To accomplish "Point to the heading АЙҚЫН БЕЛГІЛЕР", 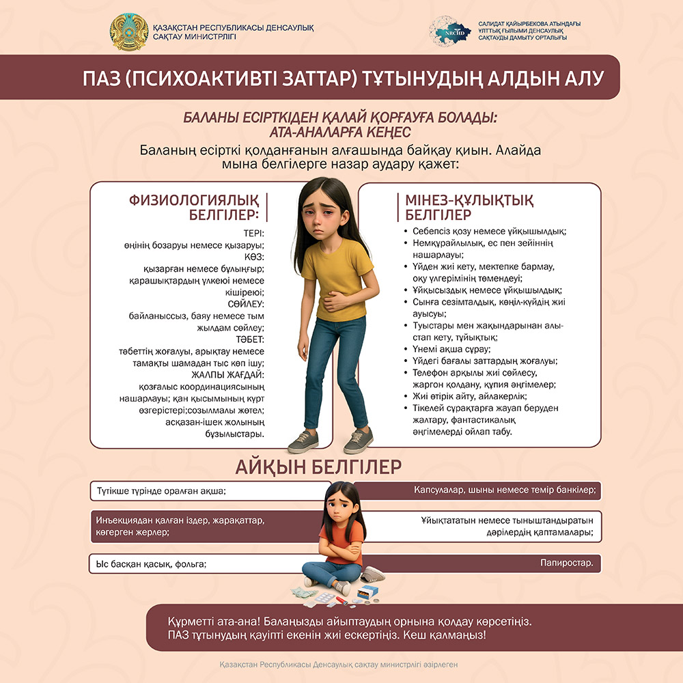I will coord(318,467).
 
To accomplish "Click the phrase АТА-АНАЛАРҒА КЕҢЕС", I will coord(341,131).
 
